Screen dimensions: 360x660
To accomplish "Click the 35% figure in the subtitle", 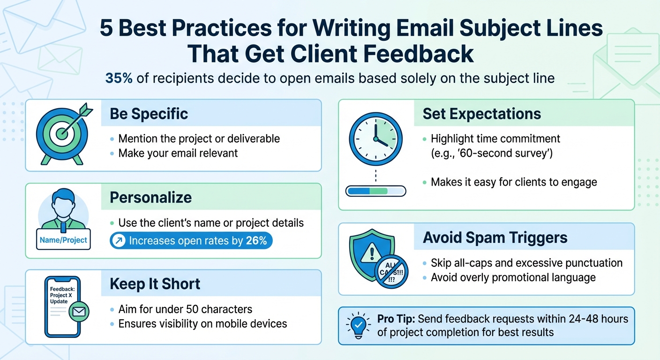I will click(x=119, y=78).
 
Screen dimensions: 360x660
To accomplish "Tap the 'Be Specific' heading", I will click(x=149, y=113).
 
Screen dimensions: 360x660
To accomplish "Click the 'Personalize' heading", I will click(x=150, y=197).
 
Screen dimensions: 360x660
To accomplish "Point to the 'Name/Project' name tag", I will click(x=63, y=240).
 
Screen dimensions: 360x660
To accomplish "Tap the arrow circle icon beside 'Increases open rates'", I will click(x=119, y=241).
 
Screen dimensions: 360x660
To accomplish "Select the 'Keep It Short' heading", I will click(x=155, y=284).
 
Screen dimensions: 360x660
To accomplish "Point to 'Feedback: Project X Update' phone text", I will click(x=59, y=295).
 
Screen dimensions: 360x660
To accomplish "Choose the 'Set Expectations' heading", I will click(x=481, y=113).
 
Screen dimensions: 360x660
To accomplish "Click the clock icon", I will click(x=375, y=139).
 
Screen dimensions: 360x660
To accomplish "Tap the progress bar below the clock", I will click(x=375, y=191).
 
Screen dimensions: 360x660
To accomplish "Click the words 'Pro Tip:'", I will click(x=396, y=319).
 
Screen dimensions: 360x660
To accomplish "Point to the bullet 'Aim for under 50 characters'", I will click(x=185, y=309).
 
